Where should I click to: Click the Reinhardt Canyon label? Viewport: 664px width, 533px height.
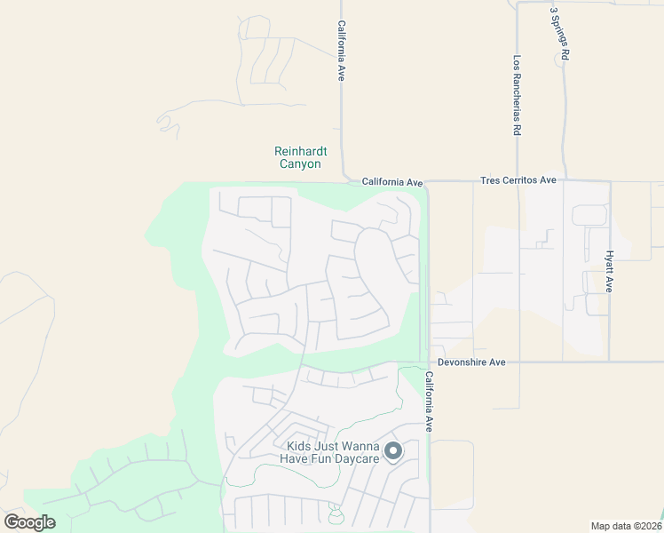(x=297, y=157)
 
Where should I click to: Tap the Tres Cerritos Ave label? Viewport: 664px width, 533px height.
(x=518, y=180)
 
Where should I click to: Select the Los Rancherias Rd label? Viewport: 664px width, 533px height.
(x=517, y=96)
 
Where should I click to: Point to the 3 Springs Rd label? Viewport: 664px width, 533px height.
(x=559, y=35)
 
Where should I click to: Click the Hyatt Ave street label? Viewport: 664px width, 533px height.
(x=610, y=270)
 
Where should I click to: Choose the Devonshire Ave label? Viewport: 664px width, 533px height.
(x=470, y=362)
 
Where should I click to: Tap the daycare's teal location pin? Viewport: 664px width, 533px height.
(x=393, y=451)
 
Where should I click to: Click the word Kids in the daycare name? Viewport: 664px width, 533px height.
(x=300, y=447)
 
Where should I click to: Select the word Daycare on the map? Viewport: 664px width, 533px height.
(x=355, y=458)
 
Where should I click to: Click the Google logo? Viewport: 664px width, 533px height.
(x=30, y=521)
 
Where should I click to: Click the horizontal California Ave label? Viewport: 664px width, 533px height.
(x=392, y=182)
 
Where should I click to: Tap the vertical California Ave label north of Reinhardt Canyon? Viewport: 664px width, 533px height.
(x=340, y=52)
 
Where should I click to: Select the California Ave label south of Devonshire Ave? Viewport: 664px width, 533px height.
(x=428, y=401)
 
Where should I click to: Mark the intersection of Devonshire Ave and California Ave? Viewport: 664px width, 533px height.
(x=429, y=362)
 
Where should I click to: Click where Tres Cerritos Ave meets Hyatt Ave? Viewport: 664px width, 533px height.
(x=610, y=181)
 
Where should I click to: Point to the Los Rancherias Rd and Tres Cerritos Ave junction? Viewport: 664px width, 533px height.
(x=518, y=181)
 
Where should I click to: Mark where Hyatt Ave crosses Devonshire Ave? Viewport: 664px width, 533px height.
(x=610, y=362)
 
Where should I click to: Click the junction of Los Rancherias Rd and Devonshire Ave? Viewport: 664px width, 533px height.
(x=518, y=362)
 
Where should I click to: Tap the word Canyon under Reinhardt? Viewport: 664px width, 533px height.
(x=297, y=164)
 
